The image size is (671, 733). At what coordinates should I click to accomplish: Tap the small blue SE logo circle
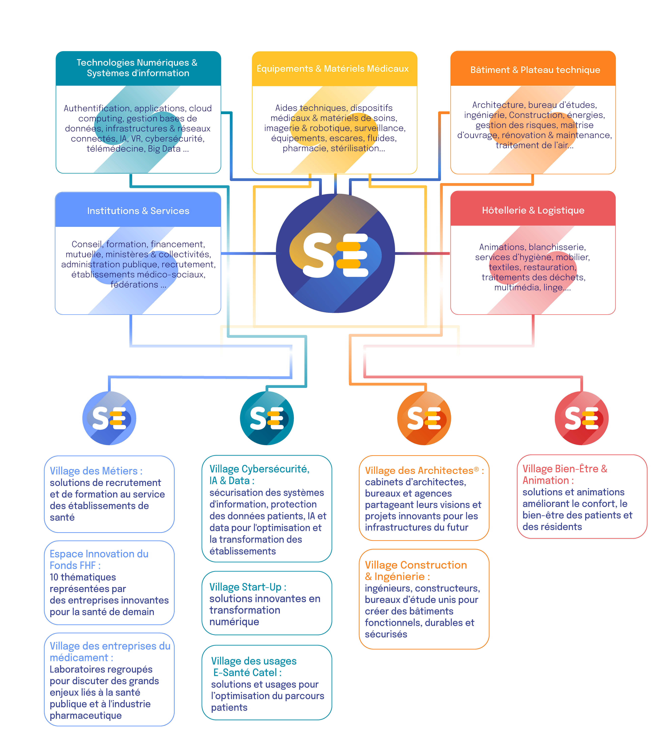point(109,418)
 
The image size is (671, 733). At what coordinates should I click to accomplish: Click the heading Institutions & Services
point(138,211)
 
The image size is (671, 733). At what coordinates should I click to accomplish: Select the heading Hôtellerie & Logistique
point(533,210)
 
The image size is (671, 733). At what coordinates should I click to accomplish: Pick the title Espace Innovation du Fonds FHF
point(99,560)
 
